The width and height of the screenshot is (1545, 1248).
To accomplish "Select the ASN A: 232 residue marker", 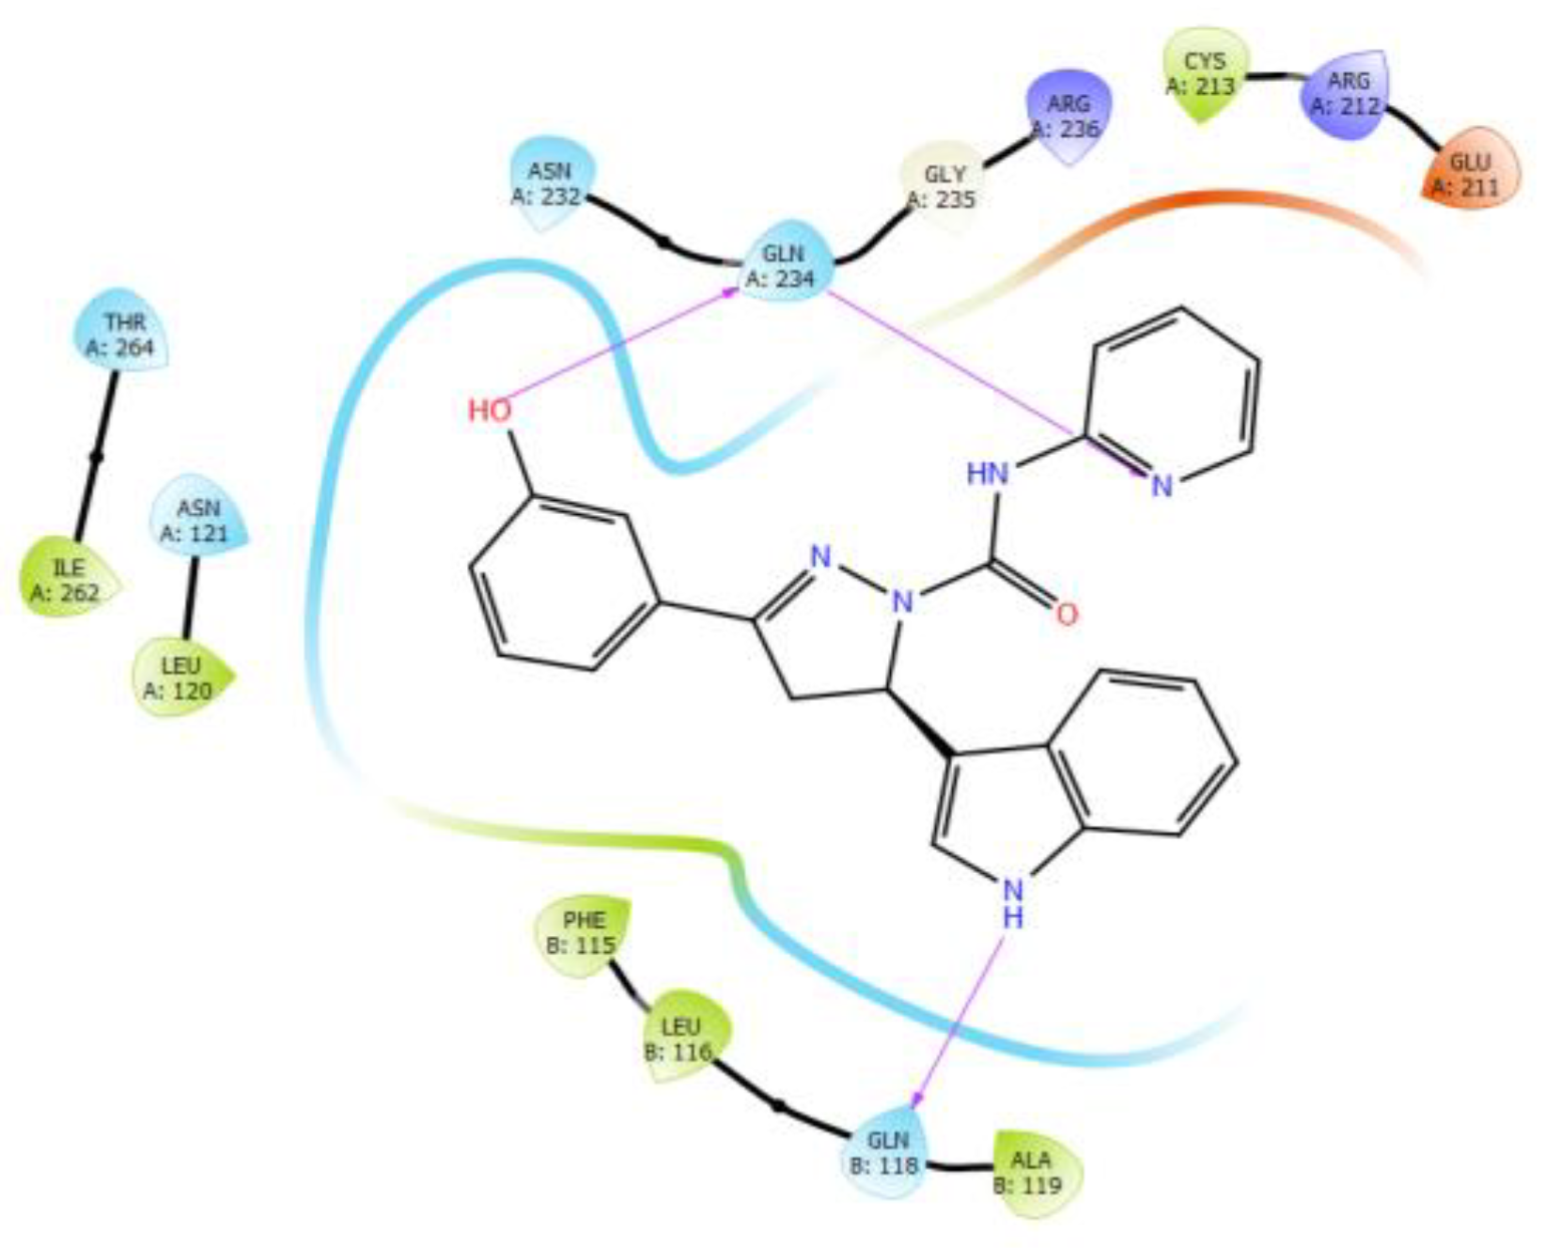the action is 550,183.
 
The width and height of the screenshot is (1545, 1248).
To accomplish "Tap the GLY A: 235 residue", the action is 943,186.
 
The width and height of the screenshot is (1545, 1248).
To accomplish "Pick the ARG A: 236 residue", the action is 1068,115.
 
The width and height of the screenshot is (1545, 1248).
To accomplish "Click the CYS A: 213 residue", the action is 1205,73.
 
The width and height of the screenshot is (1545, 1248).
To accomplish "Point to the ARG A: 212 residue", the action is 1347,92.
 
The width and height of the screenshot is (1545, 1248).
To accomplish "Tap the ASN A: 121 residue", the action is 198,520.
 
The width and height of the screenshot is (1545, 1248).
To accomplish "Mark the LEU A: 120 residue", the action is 179,677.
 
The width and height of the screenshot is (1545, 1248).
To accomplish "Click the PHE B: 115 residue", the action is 583,931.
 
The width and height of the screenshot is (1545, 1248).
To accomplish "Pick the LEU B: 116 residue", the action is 680,1037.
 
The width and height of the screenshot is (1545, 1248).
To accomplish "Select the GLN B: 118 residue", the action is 886,1152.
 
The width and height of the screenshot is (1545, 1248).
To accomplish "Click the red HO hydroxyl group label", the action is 490,411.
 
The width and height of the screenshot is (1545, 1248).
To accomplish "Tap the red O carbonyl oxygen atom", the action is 1066,615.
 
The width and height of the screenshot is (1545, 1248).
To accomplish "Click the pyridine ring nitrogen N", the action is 1163,486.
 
